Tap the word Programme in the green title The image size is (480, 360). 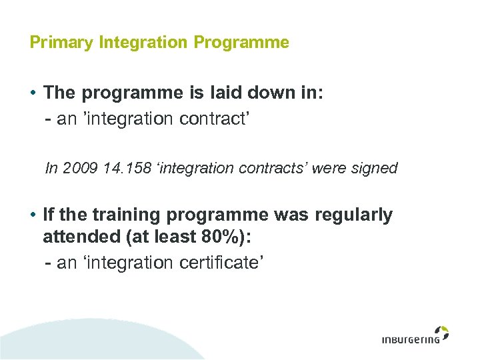click(241, 43)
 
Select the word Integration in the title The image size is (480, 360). click(144, 43)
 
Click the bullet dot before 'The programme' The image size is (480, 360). click(33, 93)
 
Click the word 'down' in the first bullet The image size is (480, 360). click(277, 93)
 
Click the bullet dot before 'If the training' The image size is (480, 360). click(33, 215)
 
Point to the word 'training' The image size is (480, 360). click(119, 215)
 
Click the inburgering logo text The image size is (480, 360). click(410, 339)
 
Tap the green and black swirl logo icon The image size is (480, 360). click(441, 332)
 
